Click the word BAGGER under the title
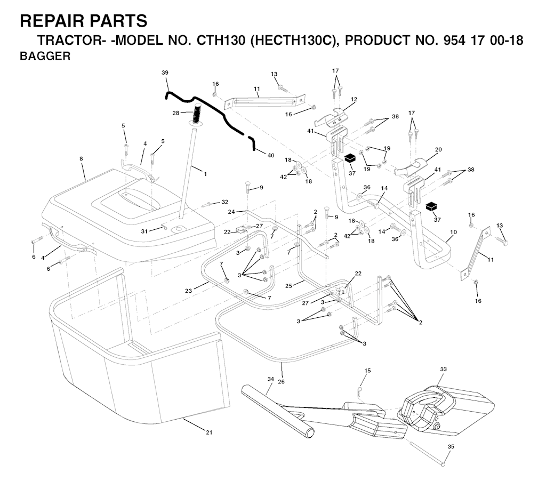(45, 56)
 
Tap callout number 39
(165, 73)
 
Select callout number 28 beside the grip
(176, 113)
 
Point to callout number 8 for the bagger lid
(81, 159)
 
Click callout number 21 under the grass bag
(209, 432)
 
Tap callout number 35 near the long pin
(451, 446)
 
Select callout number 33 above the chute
(443, 369)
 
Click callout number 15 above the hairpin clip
(368, 371)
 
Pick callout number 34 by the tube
(271, 379)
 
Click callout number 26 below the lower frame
(282, 382)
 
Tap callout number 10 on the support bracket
(453, 232)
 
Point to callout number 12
(354, 99)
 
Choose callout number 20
(438, 149)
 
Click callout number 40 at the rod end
(271, 155)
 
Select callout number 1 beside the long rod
(205, 174)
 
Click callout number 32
(225, 202)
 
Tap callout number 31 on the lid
(144, 231)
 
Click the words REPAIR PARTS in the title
(84, 21)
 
